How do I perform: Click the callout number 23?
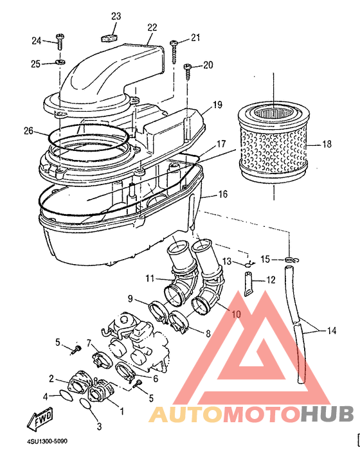[x=116, y=16]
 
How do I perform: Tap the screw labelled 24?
[x=60, y=42]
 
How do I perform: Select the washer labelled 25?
[x=60, y=62]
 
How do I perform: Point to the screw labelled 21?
[x=174, y=51]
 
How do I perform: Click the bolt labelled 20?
[x=188, y=72]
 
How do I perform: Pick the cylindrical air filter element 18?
[x=273, y=142]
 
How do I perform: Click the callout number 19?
[x=217, y=105]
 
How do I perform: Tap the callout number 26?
[x=28, y=131]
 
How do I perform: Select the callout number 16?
[x=222, y=194]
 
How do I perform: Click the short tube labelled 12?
[x=249, y=284]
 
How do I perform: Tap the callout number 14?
[x=332, y=330]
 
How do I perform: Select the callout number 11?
[x=150, y=278]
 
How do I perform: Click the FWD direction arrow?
[x=40, y=419]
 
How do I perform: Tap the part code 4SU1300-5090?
[x=47, y=442]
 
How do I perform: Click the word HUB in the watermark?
[x=327, y=414]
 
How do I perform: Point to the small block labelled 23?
[x=109, y=38]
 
